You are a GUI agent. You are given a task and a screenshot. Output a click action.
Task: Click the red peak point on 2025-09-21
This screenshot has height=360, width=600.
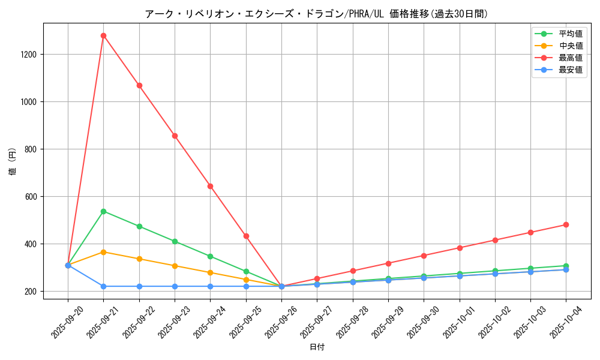(x=103, y=35)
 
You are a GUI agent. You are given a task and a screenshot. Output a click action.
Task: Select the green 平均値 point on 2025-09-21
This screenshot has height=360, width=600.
(x=103, y=211)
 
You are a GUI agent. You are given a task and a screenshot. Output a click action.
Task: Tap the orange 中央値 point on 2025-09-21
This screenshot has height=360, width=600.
(x=103, y=252)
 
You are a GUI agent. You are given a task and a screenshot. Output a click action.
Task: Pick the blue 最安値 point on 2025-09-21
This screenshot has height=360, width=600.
(x=103, y=286)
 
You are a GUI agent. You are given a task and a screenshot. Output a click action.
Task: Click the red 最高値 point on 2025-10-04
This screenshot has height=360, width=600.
(x=566, y=224)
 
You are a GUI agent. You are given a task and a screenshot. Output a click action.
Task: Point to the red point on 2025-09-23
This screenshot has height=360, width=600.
(x=175, y=136)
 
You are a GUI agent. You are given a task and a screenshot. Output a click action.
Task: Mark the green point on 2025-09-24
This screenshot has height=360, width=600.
(x=210, y=256)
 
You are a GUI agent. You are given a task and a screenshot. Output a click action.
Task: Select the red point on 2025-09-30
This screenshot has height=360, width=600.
(x=424, y=256)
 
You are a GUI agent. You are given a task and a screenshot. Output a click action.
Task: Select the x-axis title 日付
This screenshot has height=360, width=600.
(x=317, y=347)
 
